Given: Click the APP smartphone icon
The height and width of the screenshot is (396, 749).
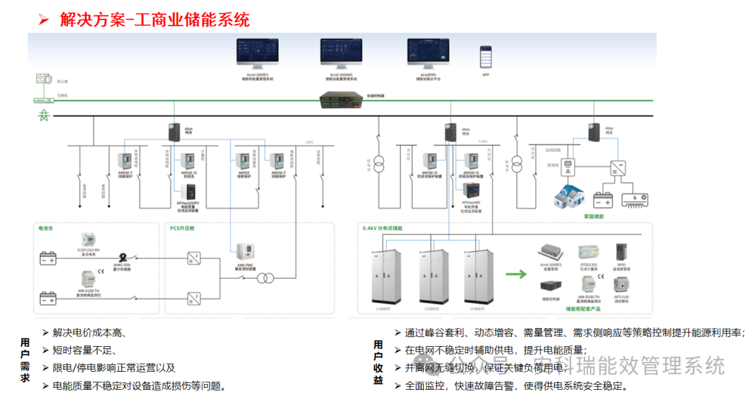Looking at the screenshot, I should [485, 55].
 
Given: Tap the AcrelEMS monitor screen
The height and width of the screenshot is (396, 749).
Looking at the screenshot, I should [428, 53].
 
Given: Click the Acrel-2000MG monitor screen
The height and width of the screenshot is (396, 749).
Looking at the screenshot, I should [341, 53].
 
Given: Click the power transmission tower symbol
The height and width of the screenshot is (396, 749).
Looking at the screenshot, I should [43, 115].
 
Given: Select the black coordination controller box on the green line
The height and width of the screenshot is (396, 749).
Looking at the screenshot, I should [343, 101].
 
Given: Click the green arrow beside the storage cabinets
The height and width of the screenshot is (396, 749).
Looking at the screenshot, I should [516, 274].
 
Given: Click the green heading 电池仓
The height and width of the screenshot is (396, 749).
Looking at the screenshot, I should [46, 227].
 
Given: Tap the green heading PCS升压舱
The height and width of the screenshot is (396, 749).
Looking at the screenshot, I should [182, 227].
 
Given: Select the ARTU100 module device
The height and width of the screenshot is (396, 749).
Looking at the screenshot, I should [621, 284].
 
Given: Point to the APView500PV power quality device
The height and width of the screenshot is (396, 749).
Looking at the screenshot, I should [190, 192].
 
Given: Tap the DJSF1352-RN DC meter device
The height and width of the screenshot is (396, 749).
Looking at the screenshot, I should [88, 240].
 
